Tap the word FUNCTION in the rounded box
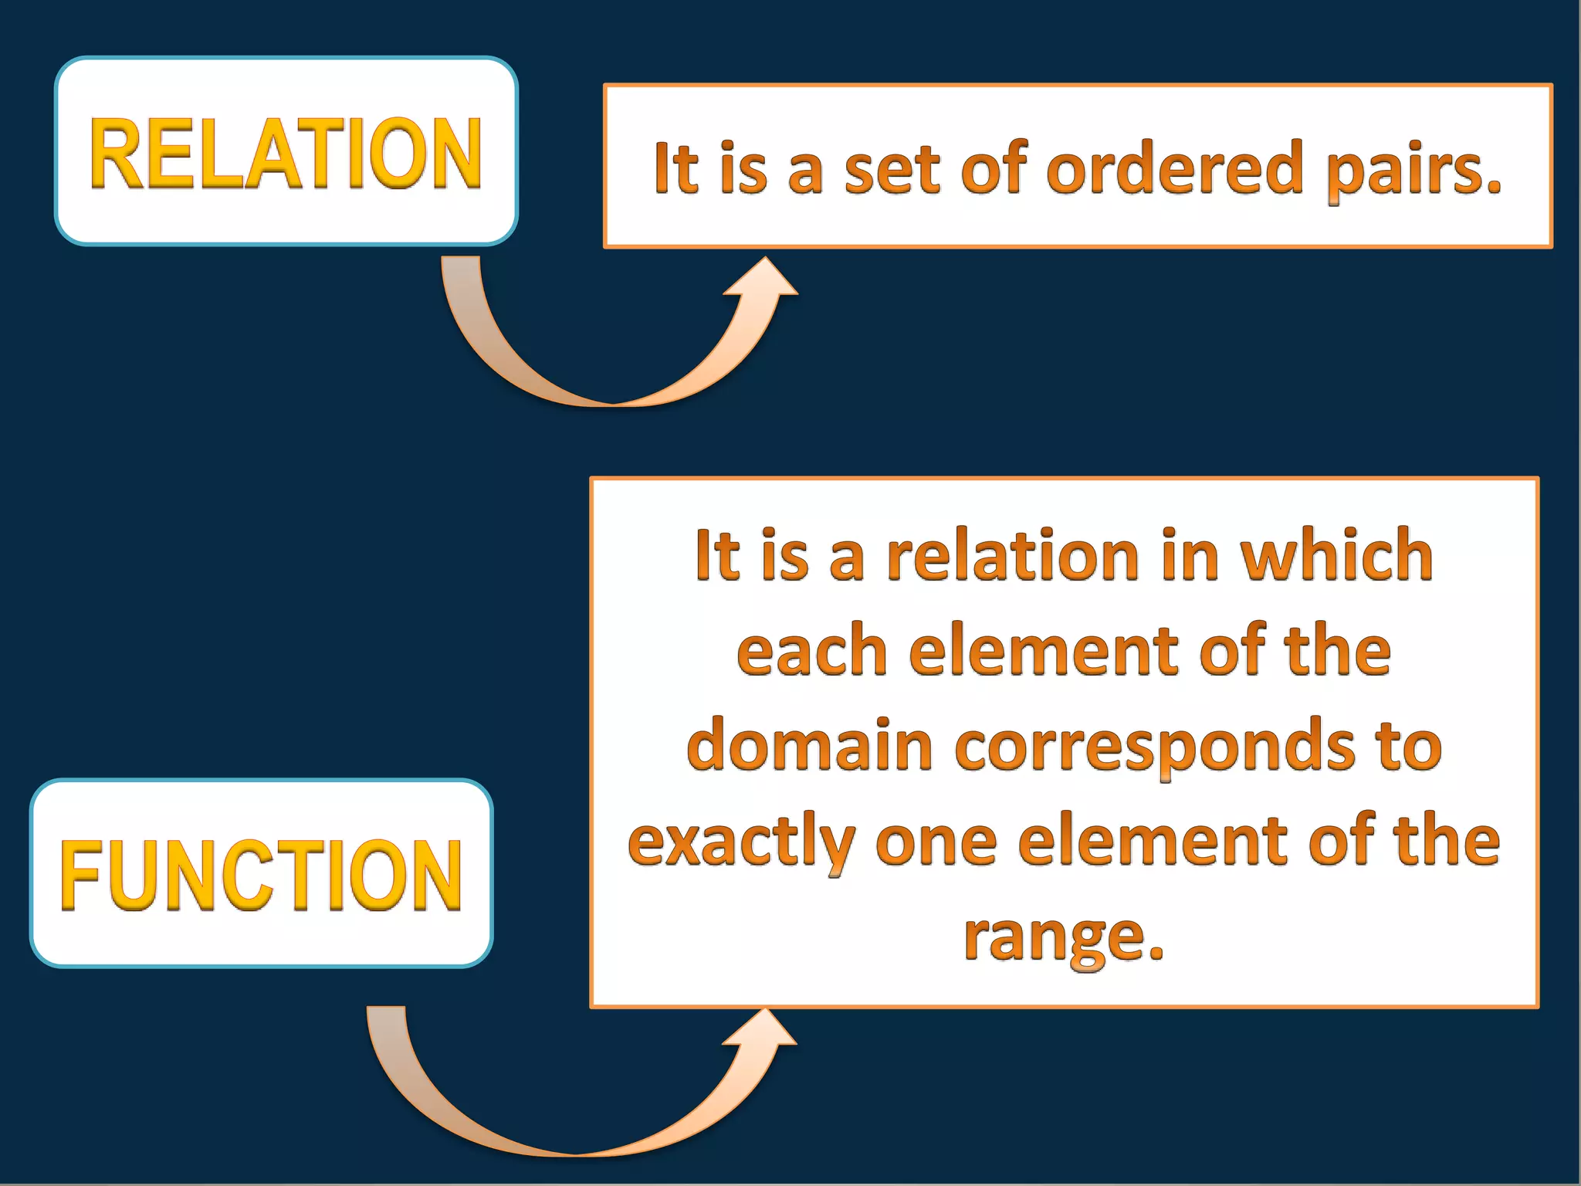261,875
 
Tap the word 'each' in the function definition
811,650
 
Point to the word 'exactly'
741,842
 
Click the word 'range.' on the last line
1064,939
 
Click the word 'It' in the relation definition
675,168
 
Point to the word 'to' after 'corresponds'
1410,746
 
